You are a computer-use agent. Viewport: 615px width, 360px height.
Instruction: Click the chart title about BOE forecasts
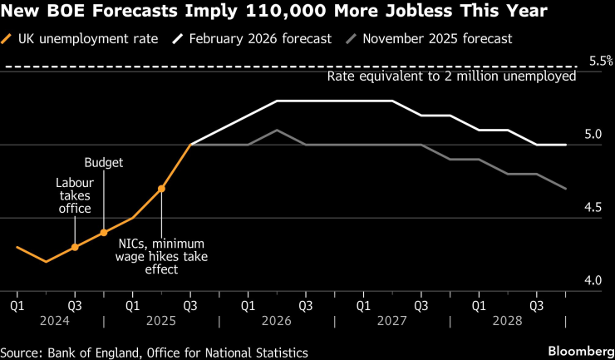pyautogui.click(x=273, y=12)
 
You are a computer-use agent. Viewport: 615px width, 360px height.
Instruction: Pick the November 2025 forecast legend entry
pyautogui.click(x=440, y=38)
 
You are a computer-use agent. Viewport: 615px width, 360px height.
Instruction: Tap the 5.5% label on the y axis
pyautogui.click(x=599, y=61)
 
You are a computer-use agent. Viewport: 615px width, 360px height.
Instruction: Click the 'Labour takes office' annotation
pyautogui.click(x=73, y=195)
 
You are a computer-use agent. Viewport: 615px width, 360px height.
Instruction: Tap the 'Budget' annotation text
pyautogui.click(x=104, y=163)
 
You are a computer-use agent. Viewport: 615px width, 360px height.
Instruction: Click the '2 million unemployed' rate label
pyautogui.click(x=451, y=76)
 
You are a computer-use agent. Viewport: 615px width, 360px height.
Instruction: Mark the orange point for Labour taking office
pyautogui.click(x=75, y=247)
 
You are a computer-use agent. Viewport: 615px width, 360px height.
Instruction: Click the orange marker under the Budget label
pyautogui.click(x=104, y=233)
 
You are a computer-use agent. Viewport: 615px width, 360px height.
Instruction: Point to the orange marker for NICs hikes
pyautogui.click(x=161, y=189)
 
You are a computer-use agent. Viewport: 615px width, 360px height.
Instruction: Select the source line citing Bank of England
pyautogui.click(x=155, y=353)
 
